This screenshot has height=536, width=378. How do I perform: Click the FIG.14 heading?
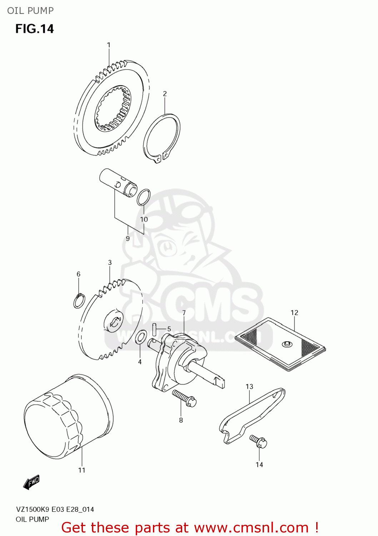34,29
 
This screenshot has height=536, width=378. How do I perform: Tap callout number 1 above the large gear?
109,45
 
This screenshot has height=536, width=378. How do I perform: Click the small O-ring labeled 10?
143,197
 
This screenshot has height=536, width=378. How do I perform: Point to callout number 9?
128,238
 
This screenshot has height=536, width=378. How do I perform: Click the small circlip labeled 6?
79,301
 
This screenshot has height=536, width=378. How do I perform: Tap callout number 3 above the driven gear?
110,263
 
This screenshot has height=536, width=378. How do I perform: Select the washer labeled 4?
141,337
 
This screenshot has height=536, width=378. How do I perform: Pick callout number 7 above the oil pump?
184,313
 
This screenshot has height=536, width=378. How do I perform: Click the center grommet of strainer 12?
286,344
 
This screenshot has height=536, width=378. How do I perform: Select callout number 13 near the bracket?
249,386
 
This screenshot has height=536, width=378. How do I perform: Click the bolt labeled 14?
259,441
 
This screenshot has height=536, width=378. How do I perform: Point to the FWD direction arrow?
31,482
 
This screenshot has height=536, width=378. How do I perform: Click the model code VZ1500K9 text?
32,510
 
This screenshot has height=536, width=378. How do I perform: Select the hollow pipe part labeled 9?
118,182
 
